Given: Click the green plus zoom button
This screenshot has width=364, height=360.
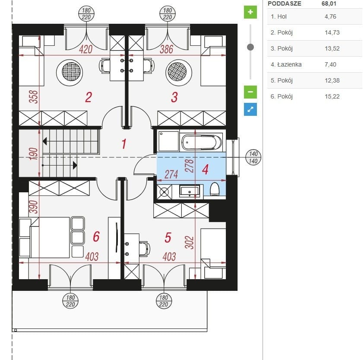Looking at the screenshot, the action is [250, 12].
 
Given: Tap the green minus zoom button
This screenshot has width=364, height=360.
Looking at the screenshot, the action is [250, 92].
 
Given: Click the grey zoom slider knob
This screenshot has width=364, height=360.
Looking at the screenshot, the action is [250, 47].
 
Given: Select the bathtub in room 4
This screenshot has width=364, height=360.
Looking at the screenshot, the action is [201, 142].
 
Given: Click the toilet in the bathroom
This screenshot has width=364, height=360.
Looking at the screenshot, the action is [215, 189].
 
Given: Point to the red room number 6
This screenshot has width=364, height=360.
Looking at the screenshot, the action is [96, 236].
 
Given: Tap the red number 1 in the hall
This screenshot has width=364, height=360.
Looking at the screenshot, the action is [124, 143].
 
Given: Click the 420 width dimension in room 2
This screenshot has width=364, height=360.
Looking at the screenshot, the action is [85, 49].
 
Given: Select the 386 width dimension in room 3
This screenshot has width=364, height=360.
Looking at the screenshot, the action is [166, 49].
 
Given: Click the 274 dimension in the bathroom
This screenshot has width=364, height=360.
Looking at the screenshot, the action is [171, 174].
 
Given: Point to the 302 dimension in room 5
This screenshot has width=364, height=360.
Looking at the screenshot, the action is [190, 242].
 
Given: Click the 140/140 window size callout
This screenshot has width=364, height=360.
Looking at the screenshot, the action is [253, 157].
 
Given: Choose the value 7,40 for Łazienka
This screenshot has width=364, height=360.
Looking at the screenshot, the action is [330, 64].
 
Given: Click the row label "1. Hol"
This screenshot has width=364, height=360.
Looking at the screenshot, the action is [279, 16].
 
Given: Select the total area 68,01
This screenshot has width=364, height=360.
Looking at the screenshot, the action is [329, 3].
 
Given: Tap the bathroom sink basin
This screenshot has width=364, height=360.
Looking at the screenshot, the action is [190, 191].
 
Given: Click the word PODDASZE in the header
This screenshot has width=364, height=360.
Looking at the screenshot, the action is [285, 3].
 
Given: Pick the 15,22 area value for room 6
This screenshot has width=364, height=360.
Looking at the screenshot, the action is [332, 96].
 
